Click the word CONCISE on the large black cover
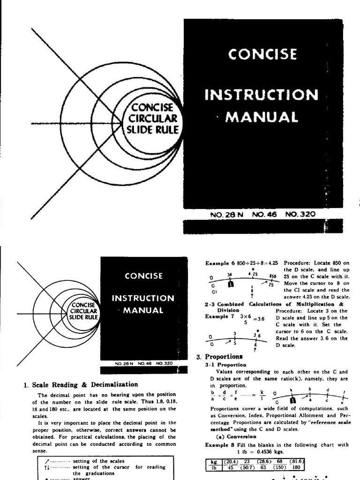pyautogui.click(x=262, y=55)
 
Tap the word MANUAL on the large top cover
pyautogui.click(x=262, y=117)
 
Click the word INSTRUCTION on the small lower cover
pyautogui.click(x=142, y=298)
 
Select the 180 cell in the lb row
pyautogui.click(x=296, y=467)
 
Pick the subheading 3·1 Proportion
pyautogui.click(x=225, y=364)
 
